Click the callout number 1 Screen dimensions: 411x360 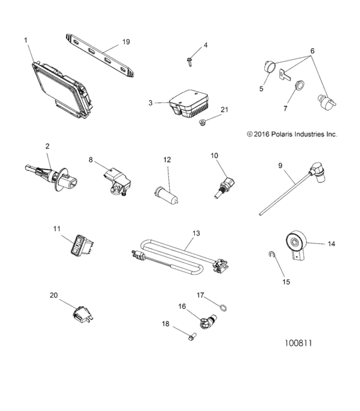tap(26, 40)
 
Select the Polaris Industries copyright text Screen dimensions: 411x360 tap(283, 134)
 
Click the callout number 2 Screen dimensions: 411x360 tap(47, 147)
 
